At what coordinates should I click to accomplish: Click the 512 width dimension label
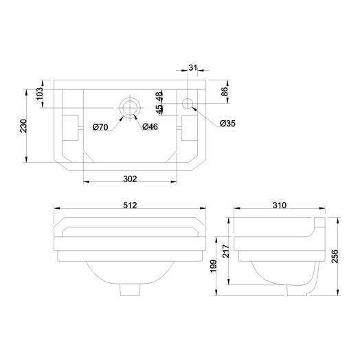click(x=131, y=205)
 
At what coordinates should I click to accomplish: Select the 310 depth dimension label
click(x=279, y=205)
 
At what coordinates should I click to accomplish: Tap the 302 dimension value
click(x=131, y=179)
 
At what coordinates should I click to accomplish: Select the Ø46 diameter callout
click(x=150, y=126)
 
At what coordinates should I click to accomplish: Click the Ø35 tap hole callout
click(x=229, y=124)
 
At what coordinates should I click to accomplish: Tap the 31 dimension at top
click(x=192, y=67)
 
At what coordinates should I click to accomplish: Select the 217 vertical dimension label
click(x=225, y=251)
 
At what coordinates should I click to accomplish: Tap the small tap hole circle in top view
click(x=188, y=104)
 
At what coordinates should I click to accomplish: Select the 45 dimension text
click(x=159, y=109)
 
